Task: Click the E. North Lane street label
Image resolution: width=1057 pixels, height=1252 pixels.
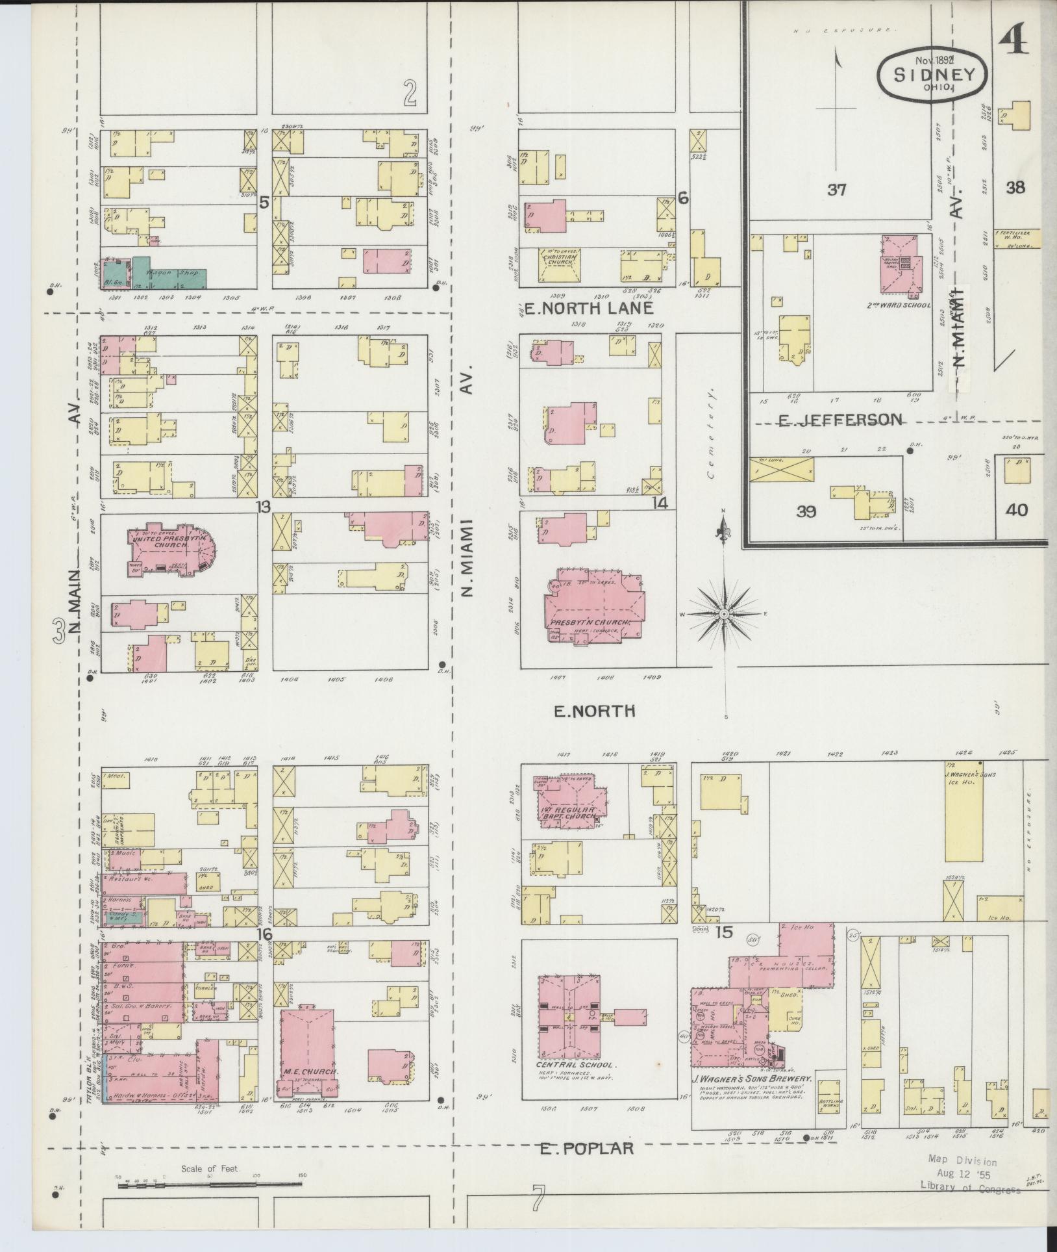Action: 588,308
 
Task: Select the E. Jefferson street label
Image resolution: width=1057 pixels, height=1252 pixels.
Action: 840,420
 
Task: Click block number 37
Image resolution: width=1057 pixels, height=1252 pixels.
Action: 837,190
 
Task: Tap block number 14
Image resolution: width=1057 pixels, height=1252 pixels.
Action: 660,502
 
